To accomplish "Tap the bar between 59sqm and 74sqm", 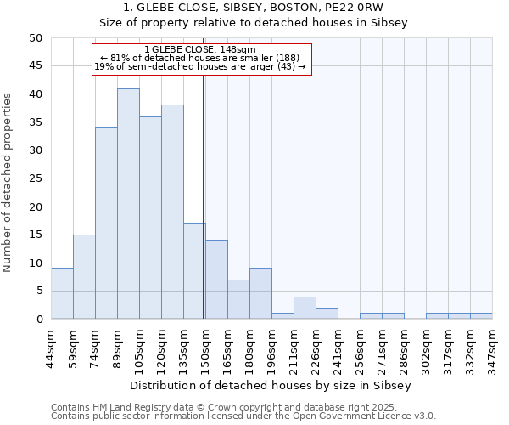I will (x=84, y=277).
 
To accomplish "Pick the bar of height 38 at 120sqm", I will (x=172, y=212).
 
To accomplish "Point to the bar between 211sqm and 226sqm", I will (x=305, y=308).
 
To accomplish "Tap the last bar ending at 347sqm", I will (x=481, y=316).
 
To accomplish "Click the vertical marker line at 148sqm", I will (x=204, y=195).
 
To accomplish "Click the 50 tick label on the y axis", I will (x=35, y=38).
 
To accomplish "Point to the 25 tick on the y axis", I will (x=35, y=178).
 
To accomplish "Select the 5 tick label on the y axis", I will (x=38, y=291).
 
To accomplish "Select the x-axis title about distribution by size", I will (x=271, y=385).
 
